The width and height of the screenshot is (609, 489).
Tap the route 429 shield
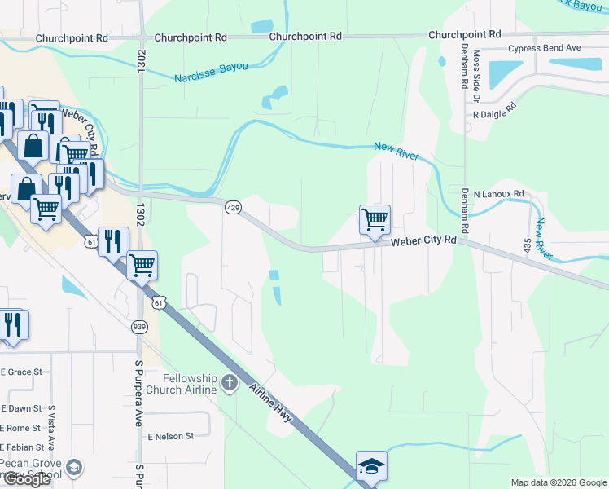[x=233, y=209]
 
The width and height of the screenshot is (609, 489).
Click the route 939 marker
[x=139, y=326]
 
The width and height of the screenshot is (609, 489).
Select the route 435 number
[x=528, y=245]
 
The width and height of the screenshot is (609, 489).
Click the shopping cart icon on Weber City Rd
[x=375, y=219]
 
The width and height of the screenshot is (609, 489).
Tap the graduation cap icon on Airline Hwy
[x=371, y=467]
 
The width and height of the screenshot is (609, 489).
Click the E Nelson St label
[x=170, y=436]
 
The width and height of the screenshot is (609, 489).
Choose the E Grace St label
[x=21, y=372]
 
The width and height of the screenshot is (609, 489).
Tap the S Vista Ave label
[x=50, y=428]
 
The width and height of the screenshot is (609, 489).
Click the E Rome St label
[x=21, y=428]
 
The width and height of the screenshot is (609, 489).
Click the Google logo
[x=27, y=479]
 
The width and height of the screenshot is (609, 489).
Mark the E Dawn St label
[x=21, y=408]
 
